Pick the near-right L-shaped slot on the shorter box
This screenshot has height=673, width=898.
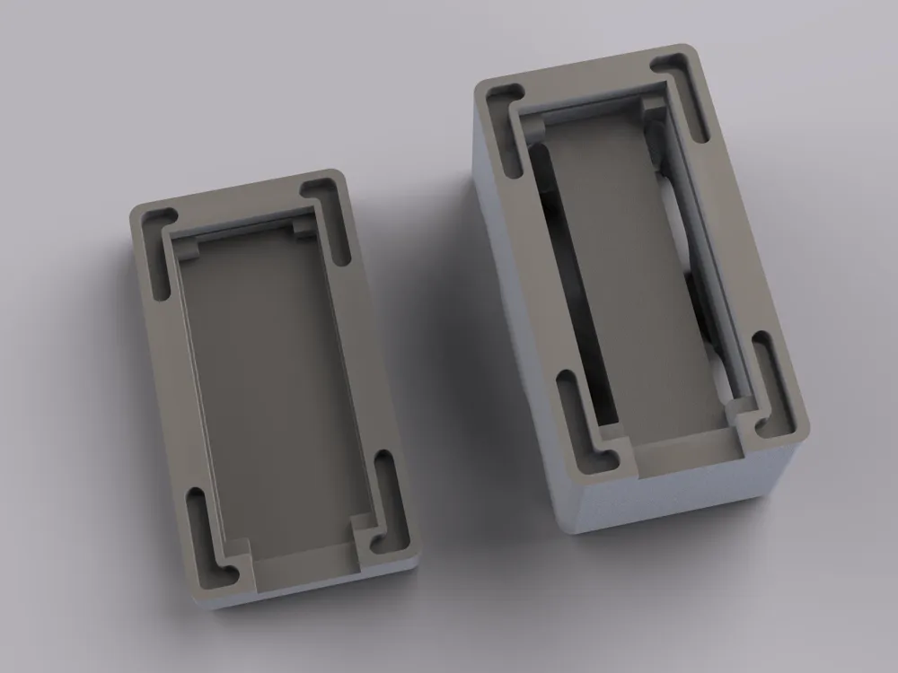(x=388, y=498)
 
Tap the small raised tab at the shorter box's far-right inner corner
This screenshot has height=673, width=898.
(x=304, y=230)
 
